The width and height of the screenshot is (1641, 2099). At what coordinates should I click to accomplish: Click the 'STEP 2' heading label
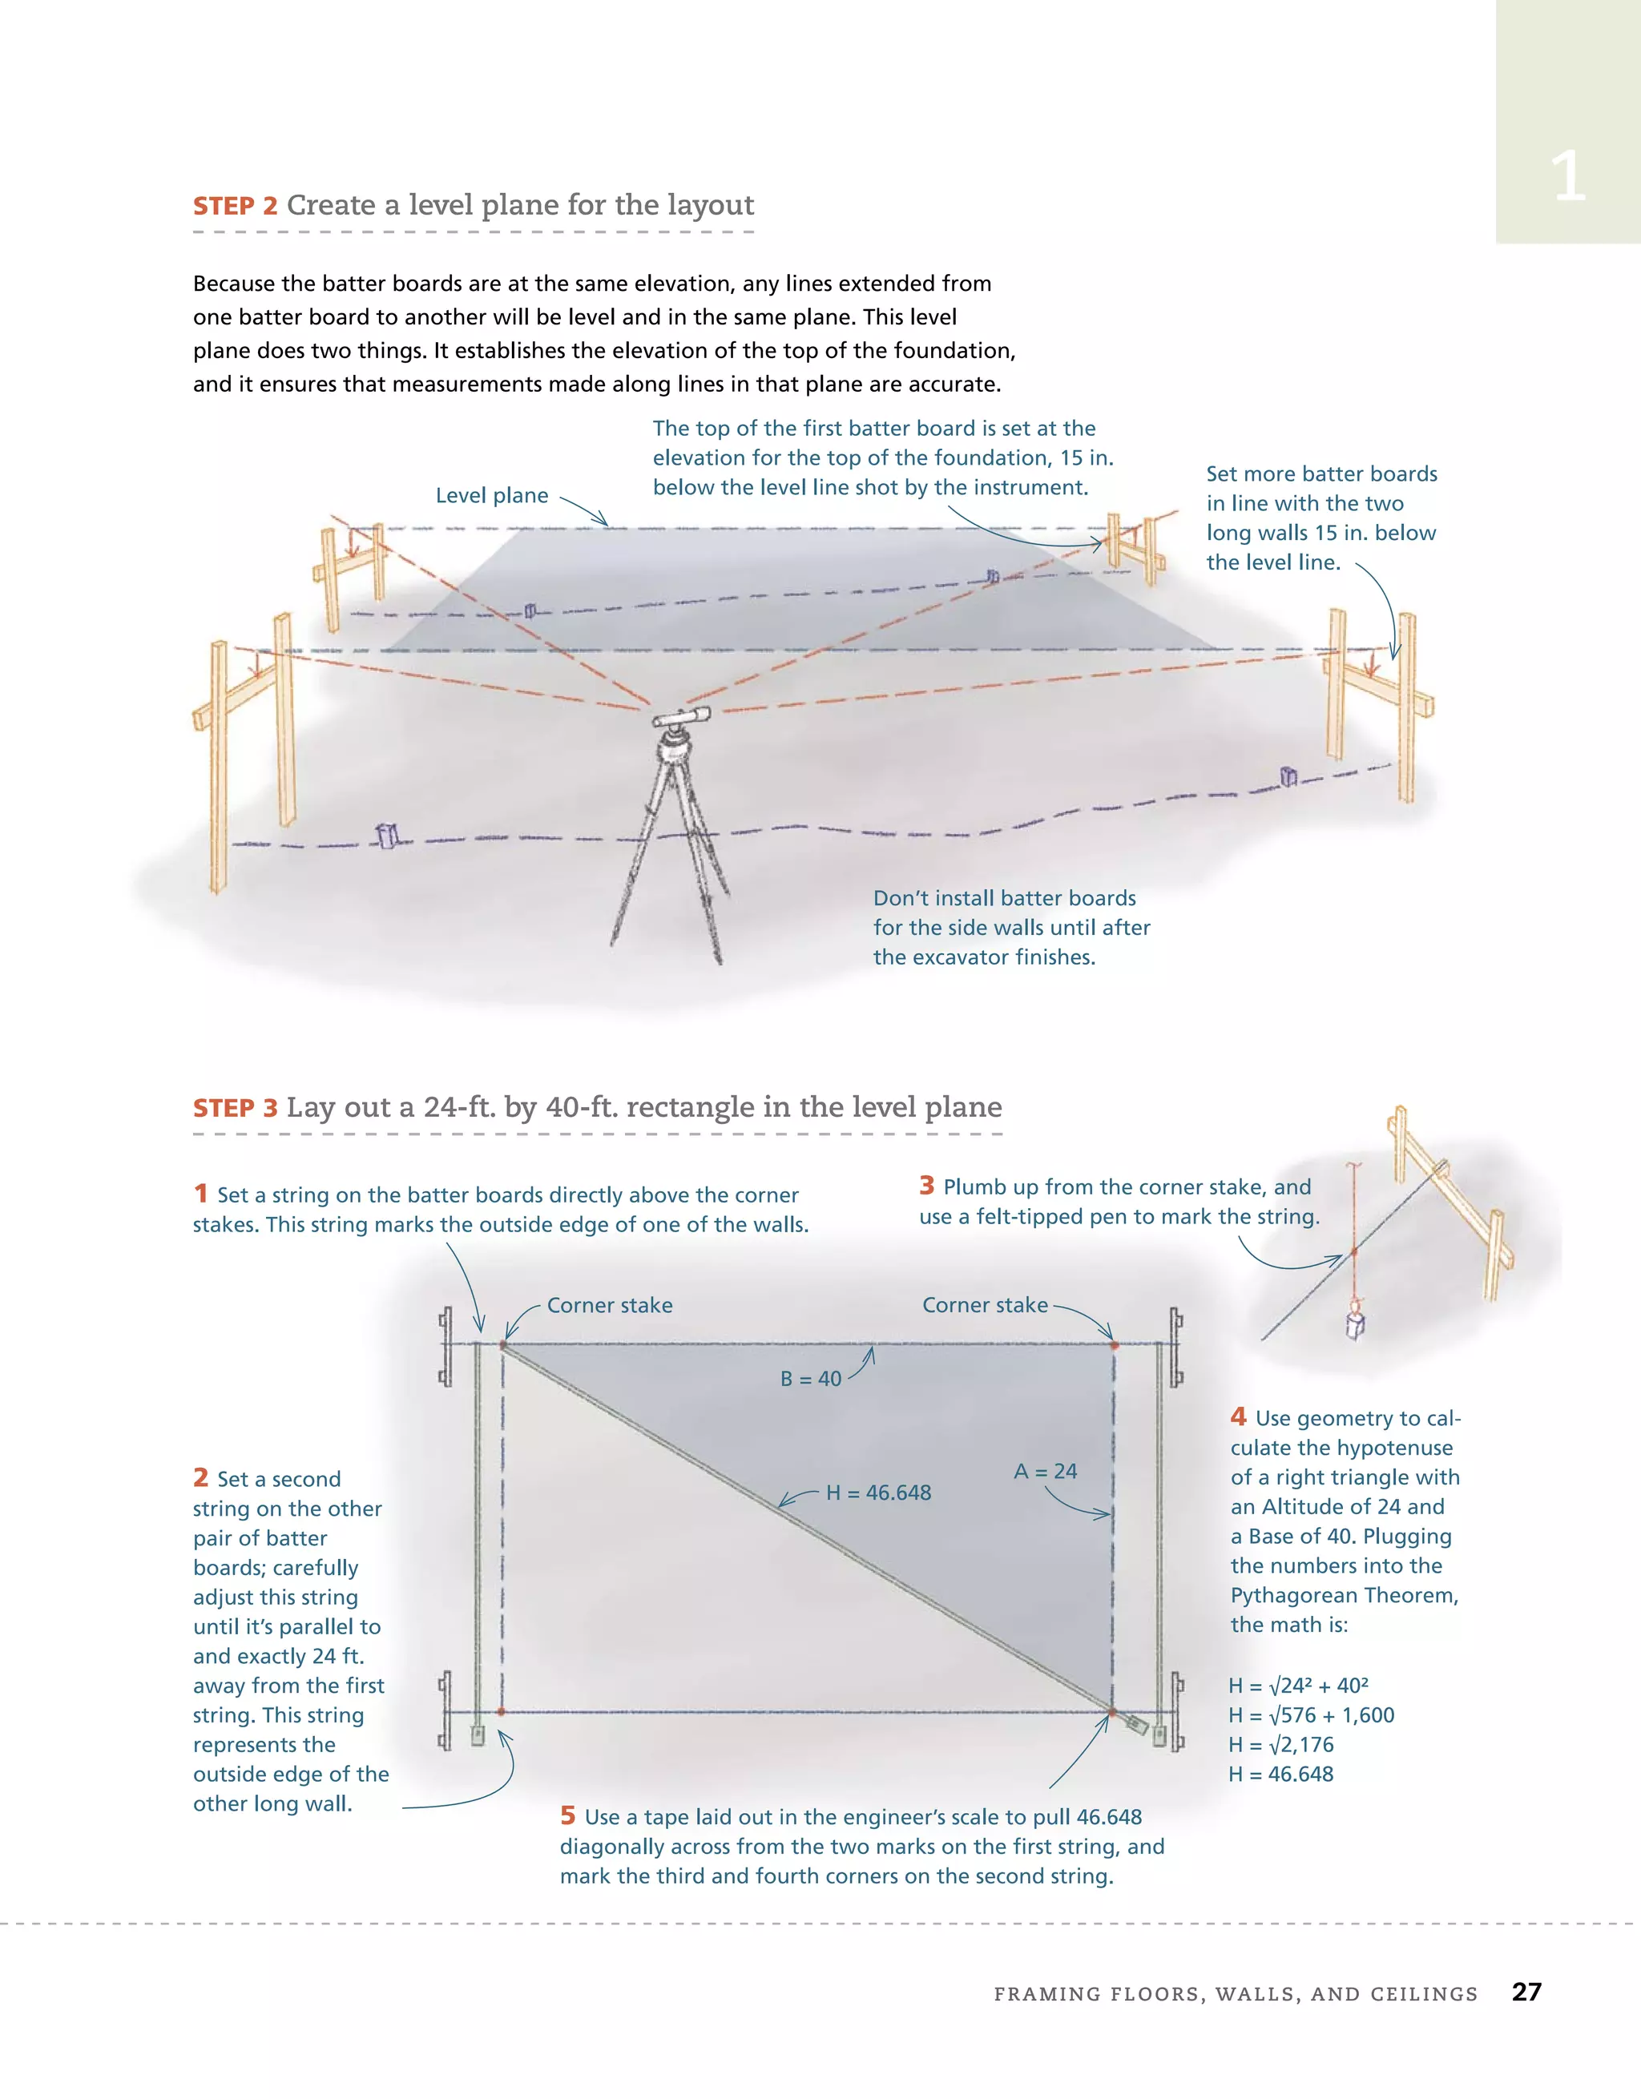pos(235,206)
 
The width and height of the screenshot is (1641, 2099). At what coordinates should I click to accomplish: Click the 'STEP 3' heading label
pos(235,1108)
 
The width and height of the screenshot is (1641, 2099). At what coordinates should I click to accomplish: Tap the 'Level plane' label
pos(491,496)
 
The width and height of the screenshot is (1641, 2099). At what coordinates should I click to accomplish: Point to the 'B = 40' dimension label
pos(810,1379)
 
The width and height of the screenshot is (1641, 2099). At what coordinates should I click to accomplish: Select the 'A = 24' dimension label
pos(1045,1472)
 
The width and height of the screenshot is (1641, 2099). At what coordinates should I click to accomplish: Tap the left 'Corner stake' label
pos(610,1305)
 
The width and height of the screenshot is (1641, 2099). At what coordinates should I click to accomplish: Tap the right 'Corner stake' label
pos(985,1305)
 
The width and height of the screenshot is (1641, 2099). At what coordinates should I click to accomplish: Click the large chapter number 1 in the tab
pos(1568,177)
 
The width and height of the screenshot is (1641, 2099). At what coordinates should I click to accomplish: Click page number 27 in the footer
pos(1526,1992)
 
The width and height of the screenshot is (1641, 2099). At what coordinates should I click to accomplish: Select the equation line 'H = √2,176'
pos(1280,1744)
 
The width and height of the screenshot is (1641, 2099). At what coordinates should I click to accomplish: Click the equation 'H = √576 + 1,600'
pos(1311,1714)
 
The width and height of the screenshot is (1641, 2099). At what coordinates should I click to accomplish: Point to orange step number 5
pos(568,1815)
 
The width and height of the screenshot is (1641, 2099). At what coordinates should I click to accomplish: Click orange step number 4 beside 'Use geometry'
pos(1238,1416)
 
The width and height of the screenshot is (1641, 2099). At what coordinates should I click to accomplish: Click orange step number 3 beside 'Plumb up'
pos(927,1185)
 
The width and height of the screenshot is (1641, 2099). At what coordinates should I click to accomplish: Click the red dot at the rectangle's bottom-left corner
pos(501,1712)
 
